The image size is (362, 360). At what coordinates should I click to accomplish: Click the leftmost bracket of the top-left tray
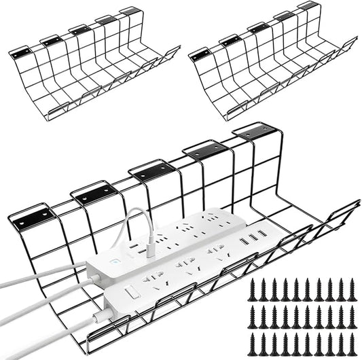pyautogui.click(x=20, y=52)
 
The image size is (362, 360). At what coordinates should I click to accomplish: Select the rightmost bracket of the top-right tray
pyautogui.click(x=308, y=6)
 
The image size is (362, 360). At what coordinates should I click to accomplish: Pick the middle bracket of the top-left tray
pyautogui.click(x=79, y=30)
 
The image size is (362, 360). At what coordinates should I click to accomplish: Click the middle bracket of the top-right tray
pyautogui.click(x=259, y=28)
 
